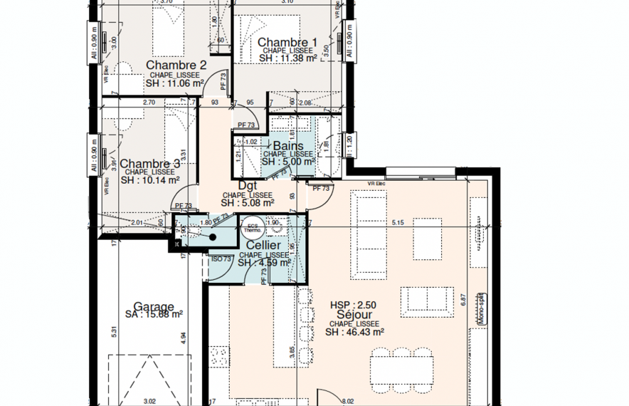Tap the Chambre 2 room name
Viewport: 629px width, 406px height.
pos(176,66)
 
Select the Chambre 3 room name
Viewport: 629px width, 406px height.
pos(150,163)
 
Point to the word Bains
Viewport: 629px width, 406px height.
pos(288,146)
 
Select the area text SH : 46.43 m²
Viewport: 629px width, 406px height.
pos(354,331)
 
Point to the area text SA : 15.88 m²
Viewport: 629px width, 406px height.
pos(154,314)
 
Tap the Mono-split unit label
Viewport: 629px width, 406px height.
pos(481,308)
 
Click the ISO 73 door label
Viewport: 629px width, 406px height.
pos(221,259)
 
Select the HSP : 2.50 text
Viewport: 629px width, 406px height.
pos(353,305)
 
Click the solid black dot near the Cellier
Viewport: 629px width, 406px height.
pos(192,235)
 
